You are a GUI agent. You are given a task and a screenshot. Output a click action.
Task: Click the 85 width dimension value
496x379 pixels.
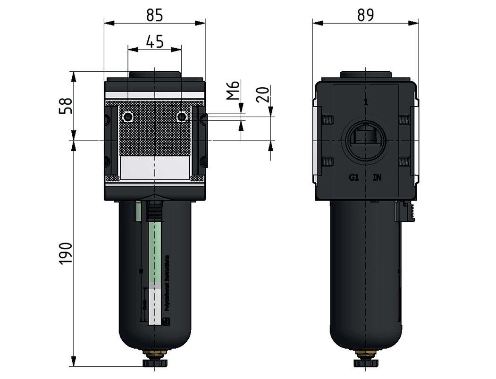point(154,16)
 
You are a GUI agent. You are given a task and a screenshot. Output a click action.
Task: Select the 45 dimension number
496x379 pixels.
point(154,42)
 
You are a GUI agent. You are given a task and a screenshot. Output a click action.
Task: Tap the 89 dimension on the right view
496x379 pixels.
point(366,16)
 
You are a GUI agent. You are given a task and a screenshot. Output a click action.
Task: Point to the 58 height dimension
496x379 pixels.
point(66,105)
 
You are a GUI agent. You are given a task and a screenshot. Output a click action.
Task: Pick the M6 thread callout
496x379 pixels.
point(233,90)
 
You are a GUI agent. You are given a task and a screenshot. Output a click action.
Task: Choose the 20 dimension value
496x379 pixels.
point(264,94)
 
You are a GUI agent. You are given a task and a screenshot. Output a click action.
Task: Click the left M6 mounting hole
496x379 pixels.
point(127,117)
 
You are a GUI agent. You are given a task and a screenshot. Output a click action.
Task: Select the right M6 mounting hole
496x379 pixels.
point(181,117)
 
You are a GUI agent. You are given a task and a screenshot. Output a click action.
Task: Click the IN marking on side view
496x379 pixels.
point(377,177)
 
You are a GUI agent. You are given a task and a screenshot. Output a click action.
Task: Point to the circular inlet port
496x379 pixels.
point(366,139)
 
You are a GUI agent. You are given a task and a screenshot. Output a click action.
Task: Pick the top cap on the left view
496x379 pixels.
point(154,75)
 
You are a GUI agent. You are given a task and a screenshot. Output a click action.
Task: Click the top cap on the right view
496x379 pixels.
point(366,75)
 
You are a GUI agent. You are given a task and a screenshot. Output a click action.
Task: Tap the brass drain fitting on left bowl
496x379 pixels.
point(155,353)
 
